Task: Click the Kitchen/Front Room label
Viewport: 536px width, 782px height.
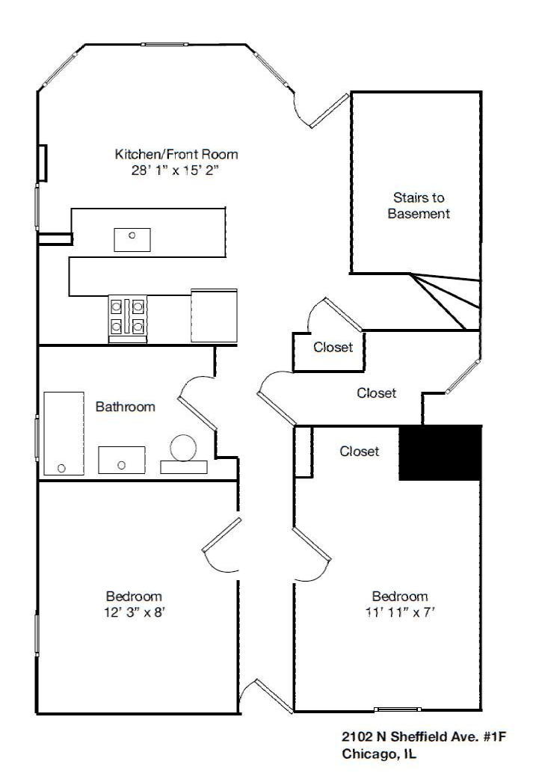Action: pyautogui.click(x=176, y=155)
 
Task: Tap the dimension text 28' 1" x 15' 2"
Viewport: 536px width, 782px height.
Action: pyautogui.click(x=176, y=170)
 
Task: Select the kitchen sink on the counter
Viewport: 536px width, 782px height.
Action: pyautogui.click(x=132, y=240)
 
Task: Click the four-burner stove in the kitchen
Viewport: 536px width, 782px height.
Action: pyautogui.click(x=127, y=316)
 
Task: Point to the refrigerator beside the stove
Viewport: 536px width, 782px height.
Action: pyautogui.click(x=214, y=315)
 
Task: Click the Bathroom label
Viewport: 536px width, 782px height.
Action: pyautogui.click(x=126, y=407)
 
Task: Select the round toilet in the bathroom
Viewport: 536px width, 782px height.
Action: pyautogui.click(x=183, y=449)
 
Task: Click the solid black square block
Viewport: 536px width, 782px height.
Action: pyautogui.click(x=440, y=453)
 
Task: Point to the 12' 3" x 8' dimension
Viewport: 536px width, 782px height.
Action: pyautogui.click(x=134, y=612)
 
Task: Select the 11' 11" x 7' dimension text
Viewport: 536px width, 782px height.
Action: pyautogui.click(x=400, y=612)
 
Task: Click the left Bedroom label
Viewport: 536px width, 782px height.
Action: pyautogui.click(x=134, y=597)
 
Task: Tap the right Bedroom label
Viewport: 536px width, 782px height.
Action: pyautogui.click(x=400, y=597)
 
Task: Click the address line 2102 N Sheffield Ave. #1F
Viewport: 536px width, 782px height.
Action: pyautogui.click(x=424, y=737)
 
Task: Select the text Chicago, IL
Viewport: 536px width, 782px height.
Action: pyautogui.click(x=379, y=754)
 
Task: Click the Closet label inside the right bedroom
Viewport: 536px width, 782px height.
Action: pyautogui.click(x=360, y=452)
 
